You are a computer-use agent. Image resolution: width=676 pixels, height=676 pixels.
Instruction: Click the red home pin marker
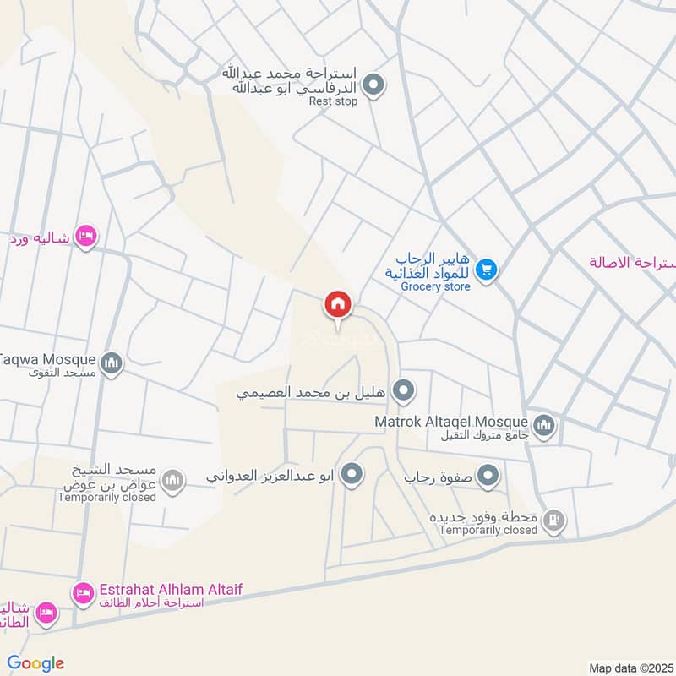[x=337, y=304]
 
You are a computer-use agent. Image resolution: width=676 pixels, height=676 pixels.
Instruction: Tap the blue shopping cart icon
[x=486, y=270]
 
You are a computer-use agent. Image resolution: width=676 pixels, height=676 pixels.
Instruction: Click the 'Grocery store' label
[x=435, y=286]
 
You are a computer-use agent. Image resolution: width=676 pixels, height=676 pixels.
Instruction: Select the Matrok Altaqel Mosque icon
[x=544, y=424]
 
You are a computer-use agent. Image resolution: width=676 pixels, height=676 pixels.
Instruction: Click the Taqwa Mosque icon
[x=112, y=364]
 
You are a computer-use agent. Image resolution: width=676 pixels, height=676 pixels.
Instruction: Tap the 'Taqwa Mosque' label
[x=48, y=358]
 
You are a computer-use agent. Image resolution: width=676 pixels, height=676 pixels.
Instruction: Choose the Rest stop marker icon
[x=373, y=84]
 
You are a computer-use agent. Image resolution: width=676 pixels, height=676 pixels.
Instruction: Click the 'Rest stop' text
[x=333, y=101]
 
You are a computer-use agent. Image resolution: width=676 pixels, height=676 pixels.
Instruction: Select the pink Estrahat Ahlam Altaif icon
[x=83, y=594]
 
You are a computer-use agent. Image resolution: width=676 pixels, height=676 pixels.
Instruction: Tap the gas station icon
[x=553, y=521]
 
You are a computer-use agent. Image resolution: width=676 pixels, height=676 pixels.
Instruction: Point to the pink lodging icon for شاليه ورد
[x=85, y=237]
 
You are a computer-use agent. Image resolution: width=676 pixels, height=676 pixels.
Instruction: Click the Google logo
[x=35, y=663]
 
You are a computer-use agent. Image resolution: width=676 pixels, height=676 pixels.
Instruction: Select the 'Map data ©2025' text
[x=630, y=668]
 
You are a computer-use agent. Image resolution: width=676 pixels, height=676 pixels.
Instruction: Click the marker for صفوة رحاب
[x=488, y=477]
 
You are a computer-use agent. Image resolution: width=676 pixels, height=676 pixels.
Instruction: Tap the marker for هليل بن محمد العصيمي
[x=406, y=390]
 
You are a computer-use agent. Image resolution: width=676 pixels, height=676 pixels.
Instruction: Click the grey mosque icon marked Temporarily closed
[x=172, y=481]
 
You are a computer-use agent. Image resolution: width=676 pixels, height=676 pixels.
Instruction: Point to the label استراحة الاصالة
[x=634, y=262]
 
